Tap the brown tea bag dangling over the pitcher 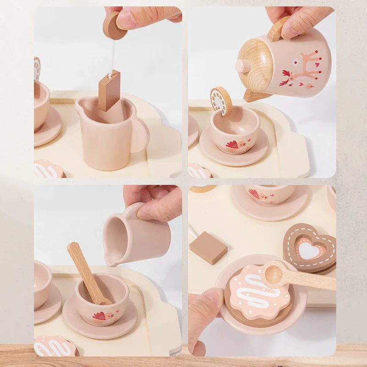tap(109, 90)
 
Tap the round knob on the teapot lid tap(242, 66)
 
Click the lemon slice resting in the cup tap(221, 100)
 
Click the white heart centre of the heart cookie tap(309, 250)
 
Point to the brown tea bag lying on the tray tap(208, 248)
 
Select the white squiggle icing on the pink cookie tap(260, 294)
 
